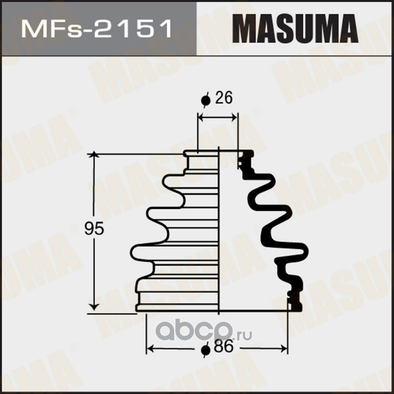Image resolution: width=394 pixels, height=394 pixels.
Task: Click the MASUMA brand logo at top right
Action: (x=295, y=29)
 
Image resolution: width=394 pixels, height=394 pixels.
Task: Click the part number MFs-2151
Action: (x=97, y=29)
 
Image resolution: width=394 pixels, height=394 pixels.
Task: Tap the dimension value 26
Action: (x=224, y=98)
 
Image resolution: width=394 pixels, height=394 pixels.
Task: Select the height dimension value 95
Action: (x=94, y=229)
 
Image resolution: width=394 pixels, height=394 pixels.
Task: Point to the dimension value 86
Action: (x=224, y=347)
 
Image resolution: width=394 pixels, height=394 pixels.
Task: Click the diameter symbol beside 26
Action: (x=205, y=100)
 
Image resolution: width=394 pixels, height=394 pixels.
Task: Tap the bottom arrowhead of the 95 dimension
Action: (x=94, y=306)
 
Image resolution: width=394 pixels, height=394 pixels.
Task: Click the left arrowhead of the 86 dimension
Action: (x=150, y=349)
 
